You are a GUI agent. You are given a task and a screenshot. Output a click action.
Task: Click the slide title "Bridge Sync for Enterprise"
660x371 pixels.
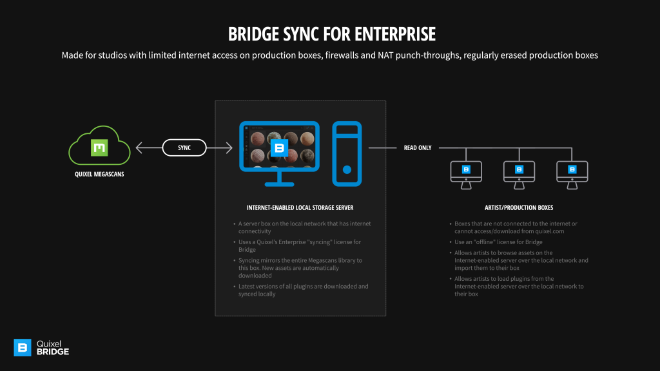[x=330, y=33]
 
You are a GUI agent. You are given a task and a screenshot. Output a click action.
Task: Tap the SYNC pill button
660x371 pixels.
[x=184, y=148]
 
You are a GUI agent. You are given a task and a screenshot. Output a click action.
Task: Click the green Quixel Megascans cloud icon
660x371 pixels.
[x=99, y=148]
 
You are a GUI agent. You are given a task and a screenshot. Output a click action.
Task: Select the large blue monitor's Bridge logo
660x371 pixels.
[x=279, y=148]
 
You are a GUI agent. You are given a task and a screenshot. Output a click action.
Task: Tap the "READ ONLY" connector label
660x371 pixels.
[x=418, y=148]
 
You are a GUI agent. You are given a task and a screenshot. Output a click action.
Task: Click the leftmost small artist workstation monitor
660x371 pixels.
[x=466, y=173]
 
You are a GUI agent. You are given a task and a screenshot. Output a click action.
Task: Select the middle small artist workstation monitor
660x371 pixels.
[x=519, y=173]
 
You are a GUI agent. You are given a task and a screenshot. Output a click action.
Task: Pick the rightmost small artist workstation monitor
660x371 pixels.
[x=572, y=173]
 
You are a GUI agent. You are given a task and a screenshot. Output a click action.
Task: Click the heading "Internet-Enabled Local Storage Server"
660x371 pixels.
[x=300, y=207]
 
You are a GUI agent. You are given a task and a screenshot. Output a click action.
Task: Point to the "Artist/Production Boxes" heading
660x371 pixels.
[x=519, y=207]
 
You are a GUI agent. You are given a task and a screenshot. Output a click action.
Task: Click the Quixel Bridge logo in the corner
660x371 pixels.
[x=42, y=348]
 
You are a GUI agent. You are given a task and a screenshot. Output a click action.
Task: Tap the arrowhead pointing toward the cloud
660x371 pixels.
[x=138, y=148]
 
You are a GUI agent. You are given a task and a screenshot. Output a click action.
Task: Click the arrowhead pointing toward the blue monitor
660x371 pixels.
[x=229, y=148]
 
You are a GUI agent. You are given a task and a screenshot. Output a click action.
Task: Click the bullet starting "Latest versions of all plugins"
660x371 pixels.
[x=303, y=290]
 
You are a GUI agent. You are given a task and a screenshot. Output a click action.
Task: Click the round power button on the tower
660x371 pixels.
[x=347, y=171]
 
